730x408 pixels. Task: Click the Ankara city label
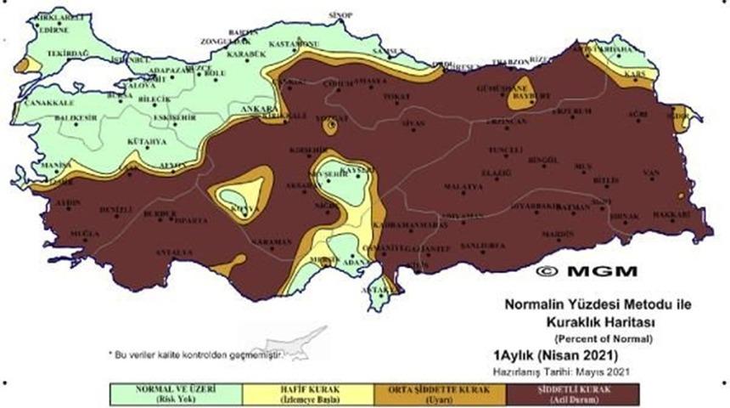(x=256, y=110)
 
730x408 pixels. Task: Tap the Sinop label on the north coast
(x=339, y=14)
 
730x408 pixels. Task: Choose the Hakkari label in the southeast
(x=671, y=215)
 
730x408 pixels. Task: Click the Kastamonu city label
(x=292, y=43)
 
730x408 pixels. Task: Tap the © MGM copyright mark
(x=576, y=272)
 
